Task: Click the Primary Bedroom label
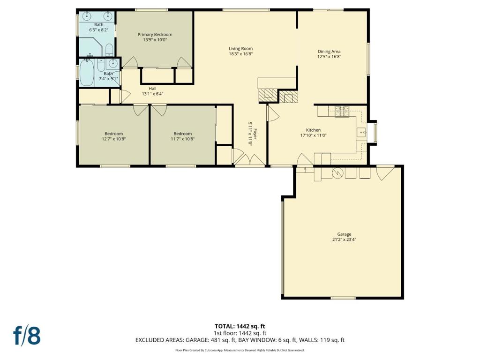coord(155,35)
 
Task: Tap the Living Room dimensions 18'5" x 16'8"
coord(240,54)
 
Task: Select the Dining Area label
coord(329,52)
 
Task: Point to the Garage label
coord(345,234)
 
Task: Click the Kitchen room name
coord(314,130)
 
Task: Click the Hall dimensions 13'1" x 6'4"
coord(152,94)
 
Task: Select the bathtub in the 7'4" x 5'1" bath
coord(87,73)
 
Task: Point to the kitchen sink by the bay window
coord(361,133)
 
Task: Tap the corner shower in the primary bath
coord(90,47)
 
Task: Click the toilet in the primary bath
coord(109,50)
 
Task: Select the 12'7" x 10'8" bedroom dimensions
coord(114,139)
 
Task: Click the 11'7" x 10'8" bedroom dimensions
coord(183,139)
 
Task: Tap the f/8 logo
coord(27,336)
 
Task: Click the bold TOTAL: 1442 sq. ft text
coord(240,326)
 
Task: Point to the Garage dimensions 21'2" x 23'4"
coord(345,240)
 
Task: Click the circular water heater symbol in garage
coord(338,173)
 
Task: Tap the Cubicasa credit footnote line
coord(240,350)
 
